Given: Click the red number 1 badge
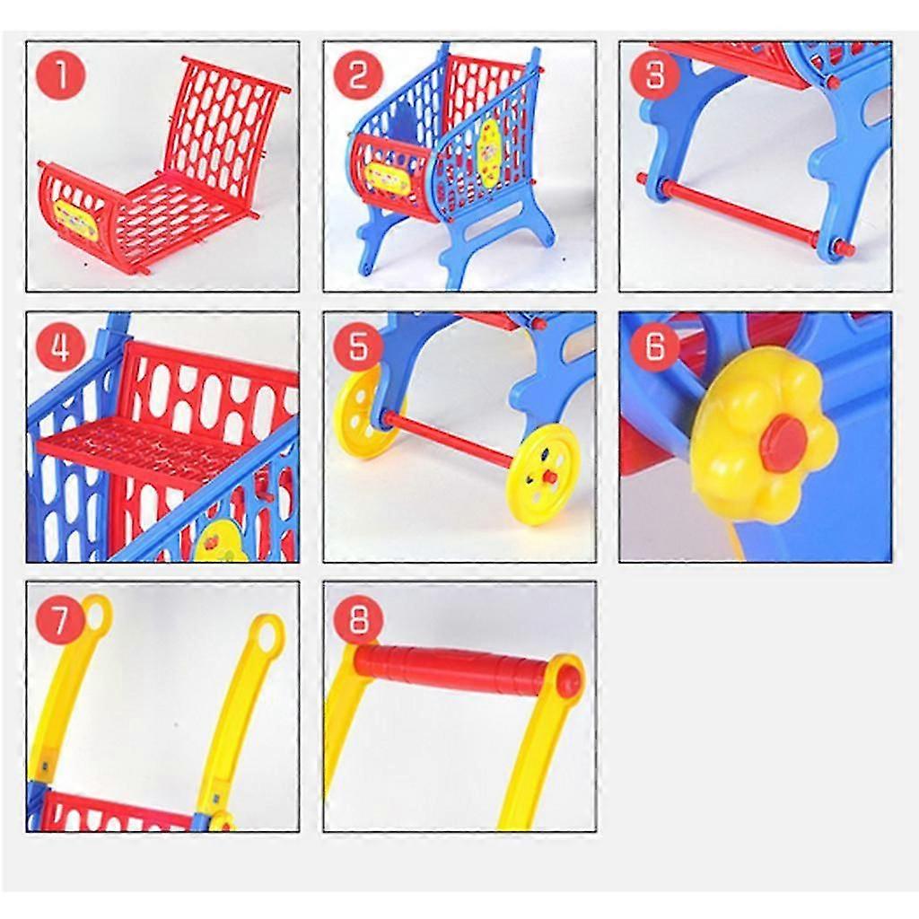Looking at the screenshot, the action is (x=61, y=75).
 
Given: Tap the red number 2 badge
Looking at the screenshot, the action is (x=358, y=75).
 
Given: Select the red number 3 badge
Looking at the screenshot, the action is (x=654, y=75).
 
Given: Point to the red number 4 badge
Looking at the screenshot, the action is (x=61, y=346).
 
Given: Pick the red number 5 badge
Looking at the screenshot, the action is (x=358, y=346).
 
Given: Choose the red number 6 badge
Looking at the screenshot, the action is (x=654, y=346).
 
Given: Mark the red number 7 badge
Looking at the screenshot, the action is (x=61, y=619).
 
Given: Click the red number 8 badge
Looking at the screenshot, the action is (x=358, y=619).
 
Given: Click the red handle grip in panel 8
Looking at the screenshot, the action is (x=453, y=668).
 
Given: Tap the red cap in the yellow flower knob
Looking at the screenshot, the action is (x=782, y=437).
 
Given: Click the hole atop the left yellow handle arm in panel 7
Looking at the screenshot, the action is (x=99, y=612).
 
